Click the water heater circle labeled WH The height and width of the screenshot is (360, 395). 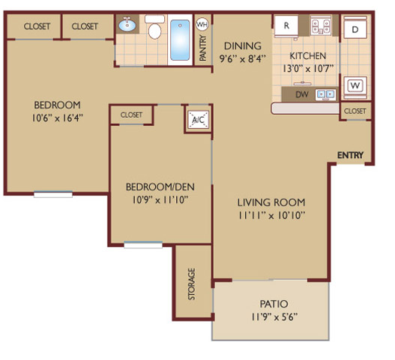[202, 25]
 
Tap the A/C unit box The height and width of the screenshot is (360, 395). [199, 119]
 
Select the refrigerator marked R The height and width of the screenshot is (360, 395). [286, 25]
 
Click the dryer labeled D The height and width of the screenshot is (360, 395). [355, 28]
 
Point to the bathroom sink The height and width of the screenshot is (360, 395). [127, 25]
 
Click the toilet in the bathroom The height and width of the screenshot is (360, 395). [154, 27]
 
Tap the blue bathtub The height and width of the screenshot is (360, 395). [180, 40]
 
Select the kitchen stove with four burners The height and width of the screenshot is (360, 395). [321, 25]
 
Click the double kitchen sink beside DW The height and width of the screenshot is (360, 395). [326, 94]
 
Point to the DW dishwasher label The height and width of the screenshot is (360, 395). [302, 94]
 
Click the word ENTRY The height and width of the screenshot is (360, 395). [351, 155]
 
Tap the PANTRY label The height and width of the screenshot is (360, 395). [203, 48]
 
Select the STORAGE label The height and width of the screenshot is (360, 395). [192, 283]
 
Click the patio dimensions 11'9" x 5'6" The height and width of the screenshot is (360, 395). [274, 316]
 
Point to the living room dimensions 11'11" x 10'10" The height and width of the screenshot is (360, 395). [271, 215]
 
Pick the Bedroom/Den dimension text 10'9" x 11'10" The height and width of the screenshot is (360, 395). [160, 200]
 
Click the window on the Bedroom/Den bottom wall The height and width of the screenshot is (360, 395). [143, 244]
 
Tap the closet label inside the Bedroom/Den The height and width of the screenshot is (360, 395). [131, 115]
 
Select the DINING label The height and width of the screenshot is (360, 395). [243, 46]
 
